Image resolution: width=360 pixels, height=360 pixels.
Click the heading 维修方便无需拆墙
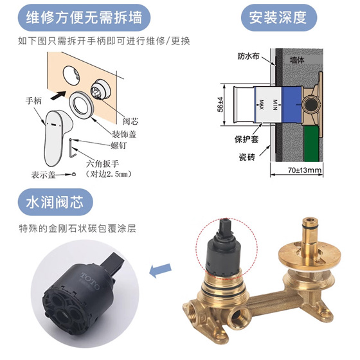click(x=84, y=18)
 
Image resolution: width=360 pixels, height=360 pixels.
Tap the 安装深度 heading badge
click(x=279, y=18)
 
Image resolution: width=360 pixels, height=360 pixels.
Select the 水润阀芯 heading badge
click(x=55, y=202)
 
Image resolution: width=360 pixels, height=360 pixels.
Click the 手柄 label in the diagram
click(x=33, y=101)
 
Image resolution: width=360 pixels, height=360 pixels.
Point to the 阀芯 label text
click(x=130, y=121)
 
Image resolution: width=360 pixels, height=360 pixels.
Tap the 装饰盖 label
click(x=124, y=134)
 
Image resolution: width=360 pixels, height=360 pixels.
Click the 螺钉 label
click(x=118, y=145)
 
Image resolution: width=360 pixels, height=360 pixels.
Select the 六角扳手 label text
click(x=102, y=164)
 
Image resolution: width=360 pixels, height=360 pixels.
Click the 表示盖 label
click(x=44, y=175)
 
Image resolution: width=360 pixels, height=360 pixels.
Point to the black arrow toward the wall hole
click(x=58, y=95)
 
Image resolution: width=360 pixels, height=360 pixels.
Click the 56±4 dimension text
click(x=220, y=104)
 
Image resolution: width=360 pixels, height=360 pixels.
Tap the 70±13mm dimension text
click(x=305, y=170)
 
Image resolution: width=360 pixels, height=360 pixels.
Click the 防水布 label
click(x=248, y=56)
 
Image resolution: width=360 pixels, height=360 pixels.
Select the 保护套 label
click(x=246, y=139)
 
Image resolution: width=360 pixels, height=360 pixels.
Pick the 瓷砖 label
click(x=247, y=157)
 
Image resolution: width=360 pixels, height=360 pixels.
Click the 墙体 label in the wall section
click(x=297, y=60)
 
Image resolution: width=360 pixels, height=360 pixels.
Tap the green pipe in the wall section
click(x=311, y=144)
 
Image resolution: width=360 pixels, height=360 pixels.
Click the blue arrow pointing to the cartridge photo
click(x=160, y=270)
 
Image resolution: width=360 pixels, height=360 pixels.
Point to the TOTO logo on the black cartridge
click(x=90, y=281)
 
